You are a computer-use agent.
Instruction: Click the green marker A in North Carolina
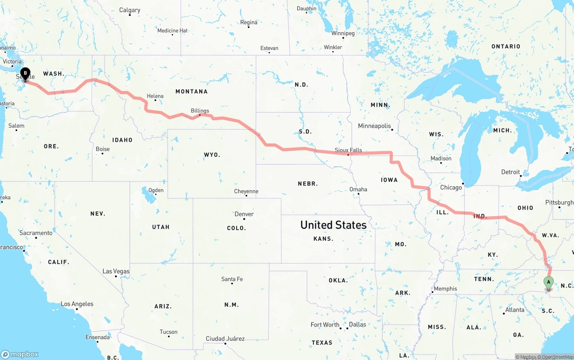548,282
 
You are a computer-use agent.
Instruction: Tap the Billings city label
200,111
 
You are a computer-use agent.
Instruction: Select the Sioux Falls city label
348,150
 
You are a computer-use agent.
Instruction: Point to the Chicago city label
451,187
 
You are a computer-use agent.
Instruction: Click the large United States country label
333,225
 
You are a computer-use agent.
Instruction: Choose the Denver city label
244,214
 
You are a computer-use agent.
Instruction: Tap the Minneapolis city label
374,126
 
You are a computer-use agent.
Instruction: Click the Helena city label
155,96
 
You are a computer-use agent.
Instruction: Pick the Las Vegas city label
116,271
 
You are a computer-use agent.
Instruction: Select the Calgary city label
130,10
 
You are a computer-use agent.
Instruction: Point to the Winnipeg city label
343,33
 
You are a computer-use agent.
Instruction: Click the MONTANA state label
191,91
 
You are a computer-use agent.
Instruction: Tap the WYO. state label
212,155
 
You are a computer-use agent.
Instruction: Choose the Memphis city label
445,289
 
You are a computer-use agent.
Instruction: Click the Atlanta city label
514,310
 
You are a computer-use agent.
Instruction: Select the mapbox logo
20,354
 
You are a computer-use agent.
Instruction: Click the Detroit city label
510,172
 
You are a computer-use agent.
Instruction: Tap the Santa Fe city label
232,279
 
